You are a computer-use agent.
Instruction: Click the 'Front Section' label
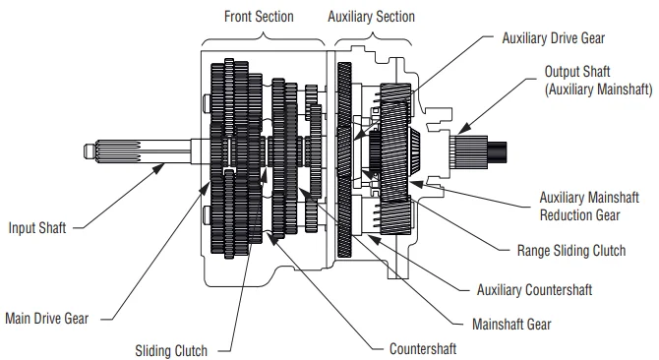(259, 17)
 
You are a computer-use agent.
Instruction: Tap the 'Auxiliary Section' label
(371, 17)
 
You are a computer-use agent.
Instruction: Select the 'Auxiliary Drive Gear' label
(553, 38)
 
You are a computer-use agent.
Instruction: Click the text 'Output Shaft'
(577, 72)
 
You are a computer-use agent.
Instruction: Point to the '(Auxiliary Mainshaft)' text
(598, 90)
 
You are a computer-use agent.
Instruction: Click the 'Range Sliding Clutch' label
(571, 251)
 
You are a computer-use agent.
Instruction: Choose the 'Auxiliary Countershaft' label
(534, 290)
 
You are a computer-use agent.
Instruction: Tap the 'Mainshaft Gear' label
(511, 325)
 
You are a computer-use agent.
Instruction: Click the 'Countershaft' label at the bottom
(423, 349)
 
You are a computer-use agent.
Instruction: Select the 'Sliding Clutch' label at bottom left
(171, 351)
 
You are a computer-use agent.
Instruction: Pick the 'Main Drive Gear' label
(46, 319)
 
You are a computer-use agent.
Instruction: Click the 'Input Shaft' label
(37, 228)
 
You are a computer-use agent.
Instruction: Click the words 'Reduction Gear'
(579, 215)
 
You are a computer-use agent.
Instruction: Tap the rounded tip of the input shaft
(88, 151)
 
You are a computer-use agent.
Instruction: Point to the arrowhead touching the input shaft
(158, 168)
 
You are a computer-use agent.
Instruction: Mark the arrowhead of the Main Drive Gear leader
(205, 189)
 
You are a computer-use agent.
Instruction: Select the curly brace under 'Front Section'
(263, 39)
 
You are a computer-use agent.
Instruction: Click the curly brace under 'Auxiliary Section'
(373, 39)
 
